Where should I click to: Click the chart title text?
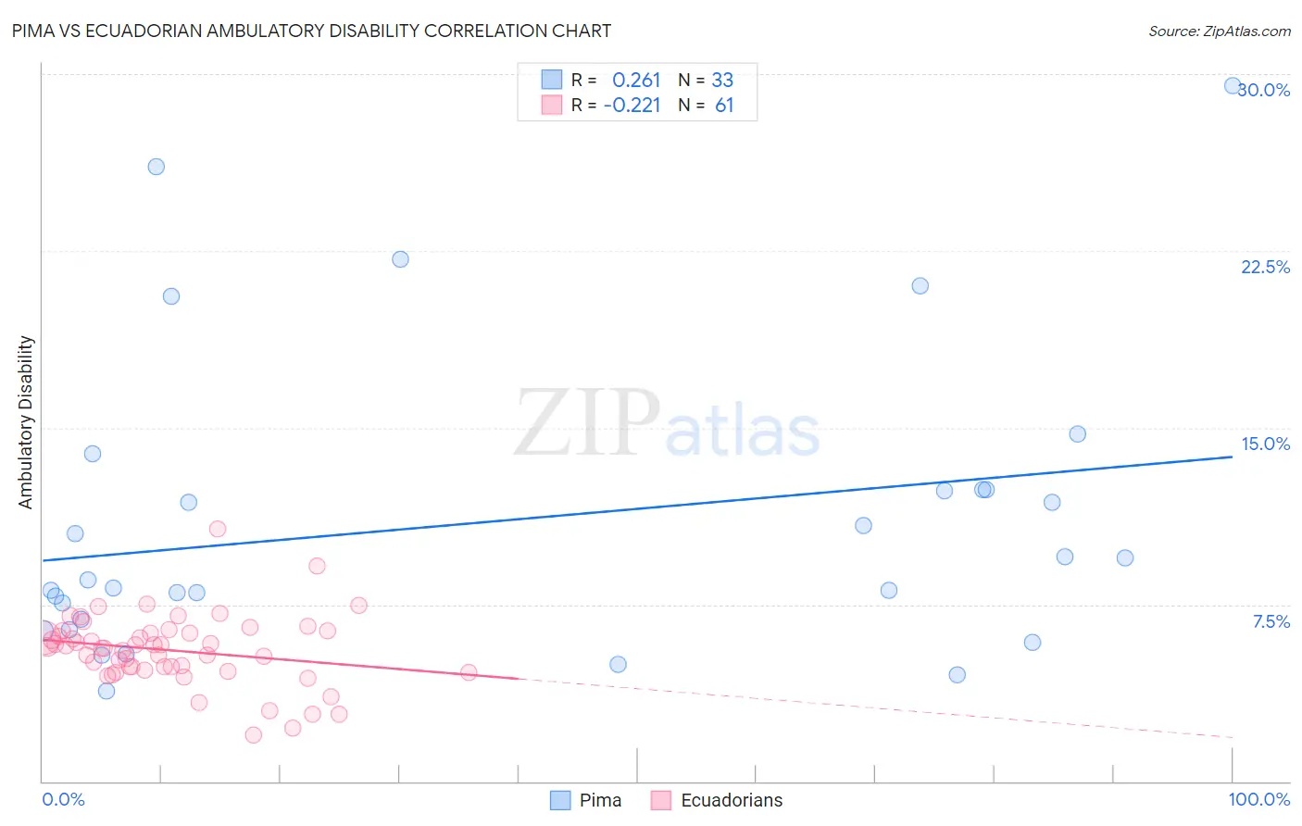click(x=311, y=31)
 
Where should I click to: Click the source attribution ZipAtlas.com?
click(x=1219, y=31)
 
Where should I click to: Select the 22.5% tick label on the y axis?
click(x=1265, y=267)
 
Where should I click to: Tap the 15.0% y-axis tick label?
click(x=1265, y=444)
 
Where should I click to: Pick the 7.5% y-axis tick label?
click(x=1271, y=621)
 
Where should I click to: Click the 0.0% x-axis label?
click(x=63, y=799)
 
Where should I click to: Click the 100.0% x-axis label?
click(x=1258, y=799)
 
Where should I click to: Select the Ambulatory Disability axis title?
click(x=26, y=422)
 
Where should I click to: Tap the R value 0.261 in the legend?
click(x=636, y=81)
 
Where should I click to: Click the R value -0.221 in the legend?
click(x=632, y=106)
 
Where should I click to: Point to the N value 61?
click(x=724, y=106)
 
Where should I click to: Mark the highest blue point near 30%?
click(x=1233, y=85)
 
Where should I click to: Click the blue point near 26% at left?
click(x=156, y=167)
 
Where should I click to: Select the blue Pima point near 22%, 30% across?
click(x=400, y=259)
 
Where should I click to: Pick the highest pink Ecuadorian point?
click(x=218, y=529)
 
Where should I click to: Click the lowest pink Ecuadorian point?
click(x=254, y=735)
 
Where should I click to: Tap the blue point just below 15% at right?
click(x=1077, y=434)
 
